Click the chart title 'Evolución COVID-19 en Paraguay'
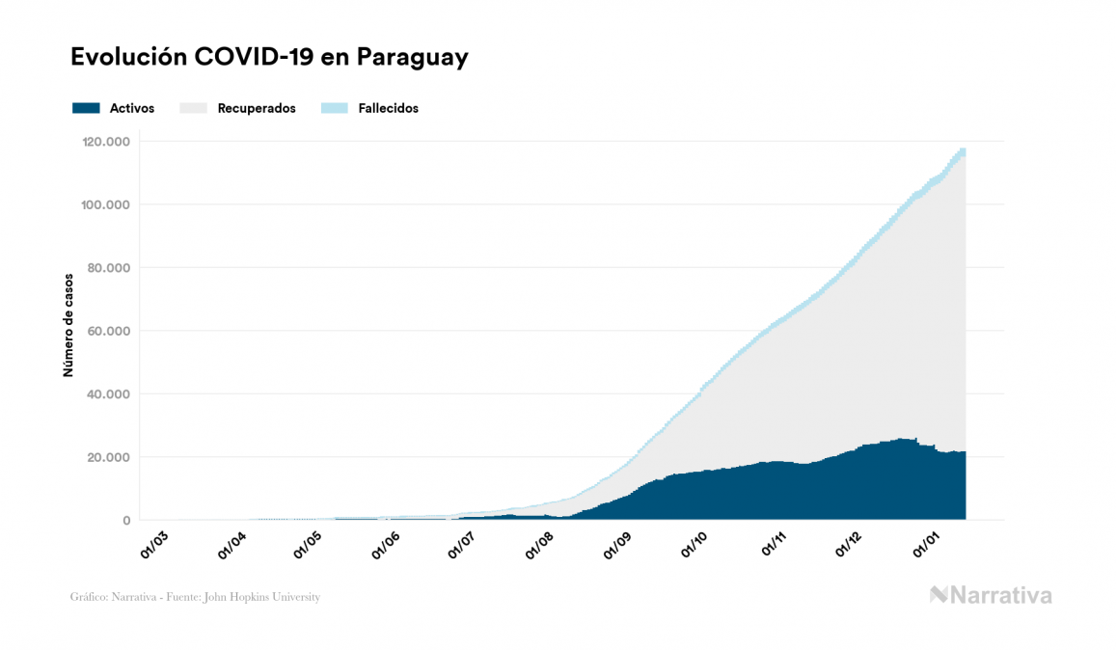click(x=269, y=58)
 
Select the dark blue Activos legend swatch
click(x=86, y=108)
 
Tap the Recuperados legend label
click(x=257, y=108)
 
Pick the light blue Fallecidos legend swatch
click(x=333, y=108)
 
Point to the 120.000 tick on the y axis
click(x=107, y=142)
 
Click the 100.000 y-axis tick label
click(x=107, y=204)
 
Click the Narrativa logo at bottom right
click(x=991, y=595)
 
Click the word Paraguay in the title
click(x=412, y=58)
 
